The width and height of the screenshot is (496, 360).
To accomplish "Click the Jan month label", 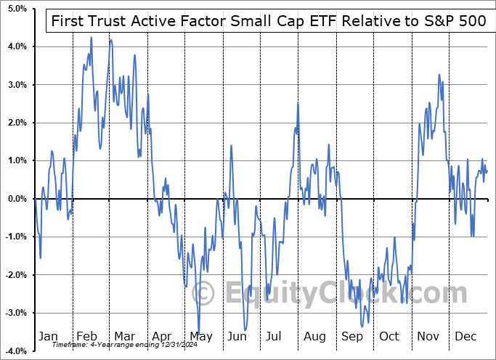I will click(x=47, y=336).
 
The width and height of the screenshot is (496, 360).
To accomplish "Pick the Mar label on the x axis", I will click(x=124, y=336).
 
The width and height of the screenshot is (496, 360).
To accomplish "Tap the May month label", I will click(x=200, y=336).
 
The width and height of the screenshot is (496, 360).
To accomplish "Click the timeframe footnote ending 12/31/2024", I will click(x=113, y=345).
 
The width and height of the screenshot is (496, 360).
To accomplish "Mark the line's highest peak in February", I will click(x=92, y=37).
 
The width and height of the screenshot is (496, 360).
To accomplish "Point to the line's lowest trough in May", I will click(x=199, y=330).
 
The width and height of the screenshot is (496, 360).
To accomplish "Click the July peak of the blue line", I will click(x=298, y=103).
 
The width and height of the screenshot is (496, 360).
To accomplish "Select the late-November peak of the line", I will click(x=439, y=75).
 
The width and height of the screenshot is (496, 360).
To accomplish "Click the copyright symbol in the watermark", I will click(x=205, y=294).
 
